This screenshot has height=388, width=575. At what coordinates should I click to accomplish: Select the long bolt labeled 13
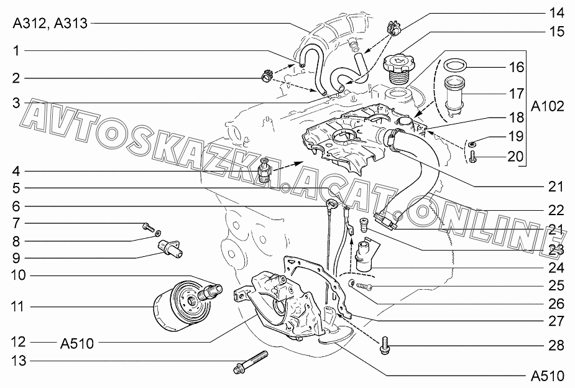click(251, 362)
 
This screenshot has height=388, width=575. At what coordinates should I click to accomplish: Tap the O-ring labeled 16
click(455, 66)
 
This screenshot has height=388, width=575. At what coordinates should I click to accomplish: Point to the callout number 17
click(517, 94)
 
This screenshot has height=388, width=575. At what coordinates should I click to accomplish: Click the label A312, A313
click(50, 24)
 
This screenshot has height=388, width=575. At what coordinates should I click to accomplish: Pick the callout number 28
click(556, 346)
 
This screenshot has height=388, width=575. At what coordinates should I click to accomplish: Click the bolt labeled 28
click(386, 345)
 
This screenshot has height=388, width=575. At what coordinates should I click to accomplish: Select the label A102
click(548, 106)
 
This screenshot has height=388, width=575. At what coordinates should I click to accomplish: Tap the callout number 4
click(16, 171)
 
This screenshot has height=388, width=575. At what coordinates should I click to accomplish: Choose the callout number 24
click(556, 268)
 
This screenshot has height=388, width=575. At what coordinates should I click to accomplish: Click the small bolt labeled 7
click(148, 227)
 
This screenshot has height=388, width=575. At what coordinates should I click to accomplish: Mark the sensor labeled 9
click(170, 248)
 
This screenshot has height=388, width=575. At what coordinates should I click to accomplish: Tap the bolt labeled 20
click(472, 158)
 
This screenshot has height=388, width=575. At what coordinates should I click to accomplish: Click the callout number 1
click(16, 50)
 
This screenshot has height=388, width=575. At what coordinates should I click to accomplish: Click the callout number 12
click(18, 342)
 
